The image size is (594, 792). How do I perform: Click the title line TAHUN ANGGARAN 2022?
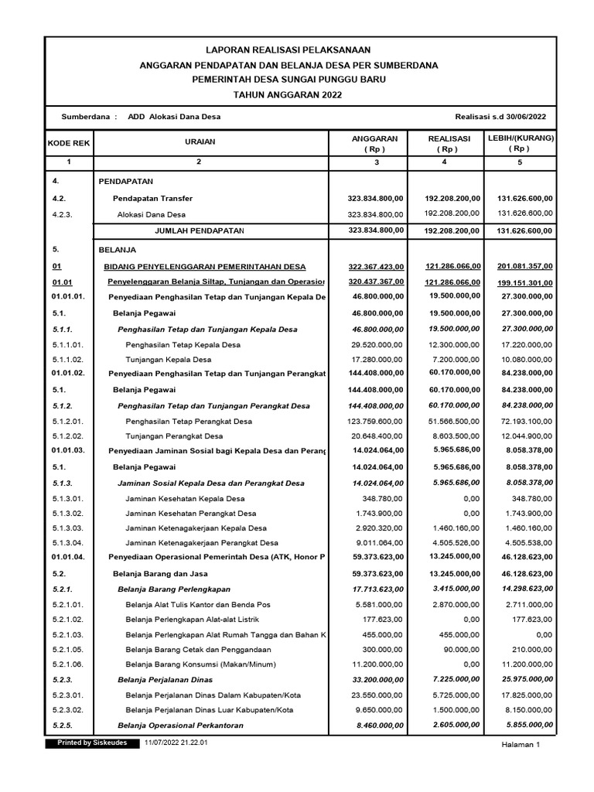pos(297,94)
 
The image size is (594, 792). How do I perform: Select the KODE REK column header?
pos(69,143)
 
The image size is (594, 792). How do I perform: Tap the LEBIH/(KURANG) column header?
pos(520,143)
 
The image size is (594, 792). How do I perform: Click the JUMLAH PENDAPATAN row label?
pos(200,230)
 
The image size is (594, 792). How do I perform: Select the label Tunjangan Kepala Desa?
pos(169,359)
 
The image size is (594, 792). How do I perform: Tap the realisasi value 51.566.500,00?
pos(449,422)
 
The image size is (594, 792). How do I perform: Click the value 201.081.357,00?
pos(520,267)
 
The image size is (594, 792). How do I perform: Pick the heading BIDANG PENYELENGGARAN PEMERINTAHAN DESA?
pos(205,267)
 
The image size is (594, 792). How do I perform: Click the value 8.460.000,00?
pos(377,725)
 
